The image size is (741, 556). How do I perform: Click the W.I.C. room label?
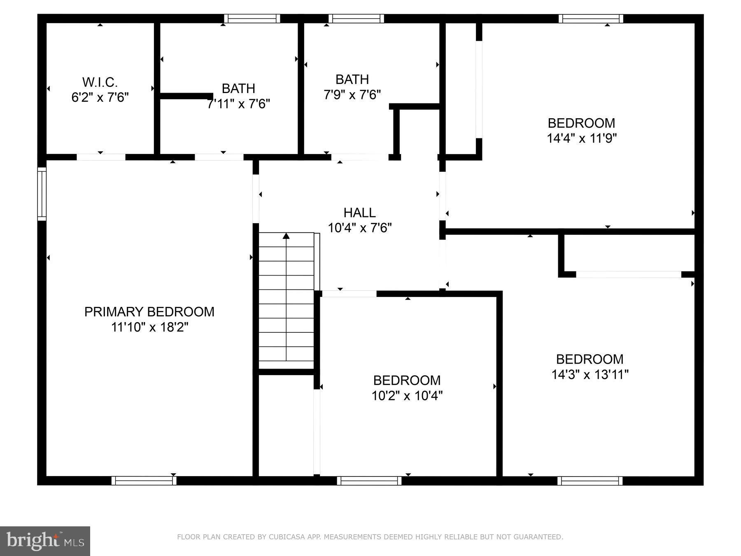tap(100, 82)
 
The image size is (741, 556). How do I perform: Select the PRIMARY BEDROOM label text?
tap(149, 312)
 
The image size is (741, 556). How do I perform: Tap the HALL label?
tap(359, 213)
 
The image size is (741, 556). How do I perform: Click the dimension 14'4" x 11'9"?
tap(581, 138)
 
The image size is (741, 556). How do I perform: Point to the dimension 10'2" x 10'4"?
tap(407, 396)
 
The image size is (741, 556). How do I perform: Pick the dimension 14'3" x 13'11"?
tap(590, 375)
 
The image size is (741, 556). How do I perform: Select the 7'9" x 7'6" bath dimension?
tap(352, 95)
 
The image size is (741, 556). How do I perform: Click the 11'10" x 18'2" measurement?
tap(149, 327)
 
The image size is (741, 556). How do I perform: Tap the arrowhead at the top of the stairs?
tap(286, 236)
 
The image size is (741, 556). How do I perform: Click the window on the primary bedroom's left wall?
tap(42, 194)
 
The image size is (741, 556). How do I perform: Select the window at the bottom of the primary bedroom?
tap(144, 480)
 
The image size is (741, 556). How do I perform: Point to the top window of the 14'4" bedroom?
tap(591, 19)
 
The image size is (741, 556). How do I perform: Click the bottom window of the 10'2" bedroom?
tap(369, 480)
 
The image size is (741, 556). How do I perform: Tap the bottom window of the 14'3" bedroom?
tap(590, 480)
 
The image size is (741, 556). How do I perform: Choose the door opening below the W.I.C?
tap(101, 157)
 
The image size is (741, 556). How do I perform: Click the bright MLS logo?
tap(45, 540)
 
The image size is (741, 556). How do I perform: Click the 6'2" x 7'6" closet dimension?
tap(100, 98)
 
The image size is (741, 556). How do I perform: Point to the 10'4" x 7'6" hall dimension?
tap(359, 228)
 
